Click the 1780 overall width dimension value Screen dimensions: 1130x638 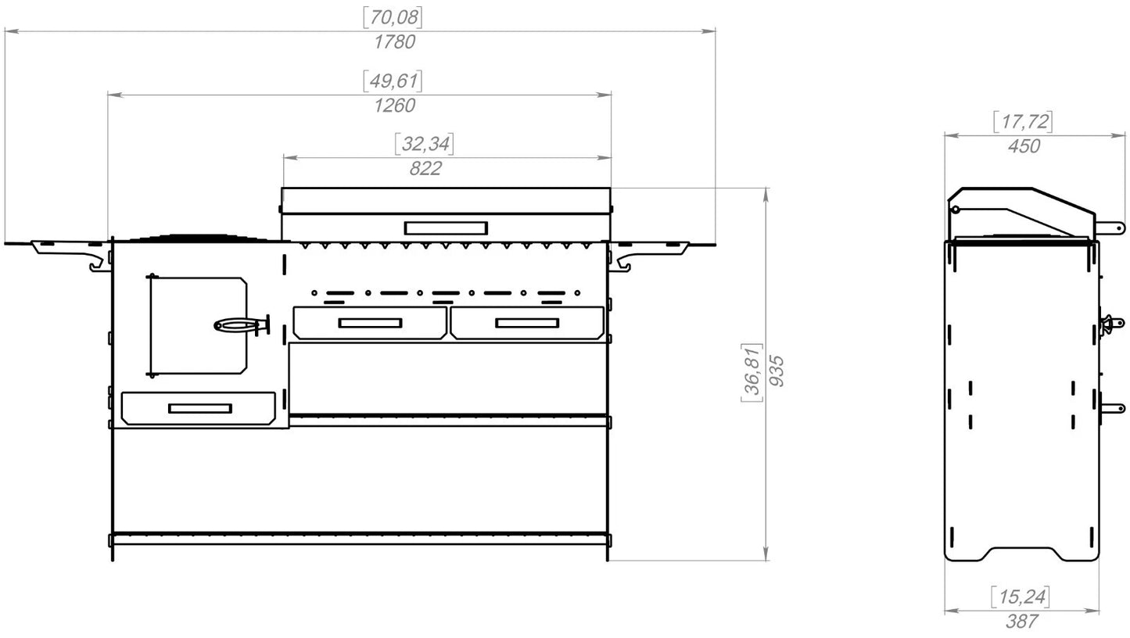(x=394, y=42)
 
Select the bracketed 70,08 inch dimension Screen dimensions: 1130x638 (x=393, y=17)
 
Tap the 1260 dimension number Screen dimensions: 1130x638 (x=394, y=106)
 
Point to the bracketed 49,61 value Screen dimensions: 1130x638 (x=393, y=81)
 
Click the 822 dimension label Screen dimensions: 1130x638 (x=425, y=168)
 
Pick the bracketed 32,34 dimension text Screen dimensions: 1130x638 (x=425, y=144)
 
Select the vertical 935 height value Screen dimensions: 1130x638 (x=777, y=371)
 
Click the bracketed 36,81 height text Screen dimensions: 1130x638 (x=752, y=373)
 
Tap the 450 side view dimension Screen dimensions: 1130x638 (x=1024, y=146)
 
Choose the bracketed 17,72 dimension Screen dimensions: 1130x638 (x=1023, y=121)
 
